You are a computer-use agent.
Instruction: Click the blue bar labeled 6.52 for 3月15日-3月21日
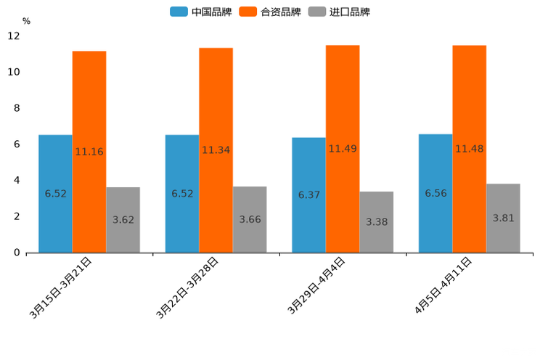pos(55,193)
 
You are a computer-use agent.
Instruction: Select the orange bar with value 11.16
pos(89,152)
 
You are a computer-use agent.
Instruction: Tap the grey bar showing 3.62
pos(123,220)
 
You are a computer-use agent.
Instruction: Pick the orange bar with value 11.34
pos(216,150)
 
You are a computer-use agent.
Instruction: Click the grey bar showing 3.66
pos(250,219)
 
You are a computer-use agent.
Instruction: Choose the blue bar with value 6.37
pos(308,195)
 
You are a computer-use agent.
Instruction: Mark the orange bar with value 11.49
pos(343,149)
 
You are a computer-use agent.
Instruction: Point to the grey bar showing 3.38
pos(377,222)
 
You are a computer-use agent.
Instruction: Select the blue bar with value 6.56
pos(435,193)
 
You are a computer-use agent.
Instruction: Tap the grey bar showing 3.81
pos(503,218)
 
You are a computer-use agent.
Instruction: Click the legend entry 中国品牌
pos(201,12)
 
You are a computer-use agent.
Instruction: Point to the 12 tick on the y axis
pos(14,36)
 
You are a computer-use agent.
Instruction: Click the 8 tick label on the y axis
pos(17,108)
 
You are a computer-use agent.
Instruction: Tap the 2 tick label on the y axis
pos(17,216)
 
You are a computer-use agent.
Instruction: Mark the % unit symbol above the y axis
pos(26,21)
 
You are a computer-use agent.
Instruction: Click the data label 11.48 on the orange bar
pos(469,149)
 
